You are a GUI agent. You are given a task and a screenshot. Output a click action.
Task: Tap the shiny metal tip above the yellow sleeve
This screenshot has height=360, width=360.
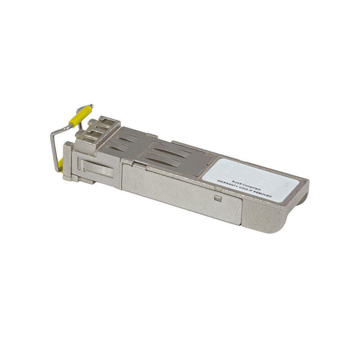coord(91,106)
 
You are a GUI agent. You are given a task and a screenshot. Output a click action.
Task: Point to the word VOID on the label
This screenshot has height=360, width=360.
coord(243,189)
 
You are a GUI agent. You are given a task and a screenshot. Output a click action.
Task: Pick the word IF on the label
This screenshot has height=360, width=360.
coord(252,191)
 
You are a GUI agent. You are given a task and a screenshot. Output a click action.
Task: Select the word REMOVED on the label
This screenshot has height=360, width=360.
coord(263,194)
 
